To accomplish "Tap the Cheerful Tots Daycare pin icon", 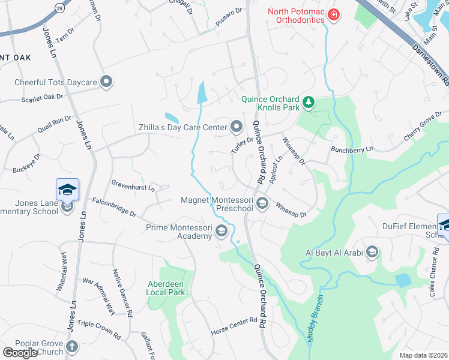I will [107, 81].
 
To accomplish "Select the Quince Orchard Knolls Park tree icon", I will [309, 103].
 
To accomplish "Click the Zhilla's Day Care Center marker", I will [236, 127].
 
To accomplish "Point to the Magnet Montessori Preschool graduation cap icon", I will [262, 205].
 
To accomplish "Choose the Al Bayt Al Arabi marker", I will [372, 252].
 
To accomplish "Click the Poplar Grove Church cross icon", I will [71, 347].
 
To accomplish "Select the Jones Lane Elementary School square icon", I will [68, 190].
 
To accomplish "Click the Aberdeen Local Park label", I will [166, 288].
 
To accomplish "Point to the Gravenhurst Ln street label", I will [133, 184].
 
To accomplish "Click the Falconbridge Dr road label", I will [113, 207].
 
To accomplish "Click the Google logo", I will [20, 353].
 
